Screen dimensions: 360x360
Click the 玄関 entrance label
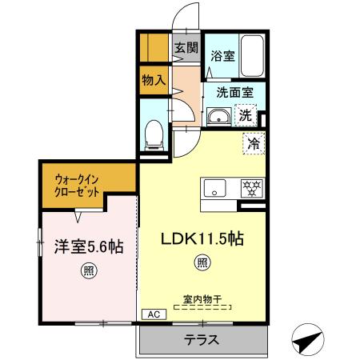(x=187, y=48)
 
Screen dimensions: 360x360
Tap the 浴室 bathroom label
(x=222, y=56)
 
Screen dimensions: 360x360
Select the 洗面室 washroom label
(x=234, y=92)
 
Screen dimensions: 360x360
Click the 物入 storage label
(x=153, y=80)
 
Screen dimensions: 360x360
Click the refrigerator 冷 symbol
(x=253, y=145)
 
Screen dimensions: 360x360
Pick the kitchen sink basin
(x=215, y=189)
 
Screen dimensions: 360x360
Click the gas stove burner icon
(x=253, y=189)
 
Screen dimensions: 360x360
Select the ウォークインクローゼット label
(x=78, y=187)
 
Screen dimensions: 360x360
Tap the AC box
(x=151, y=314)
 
